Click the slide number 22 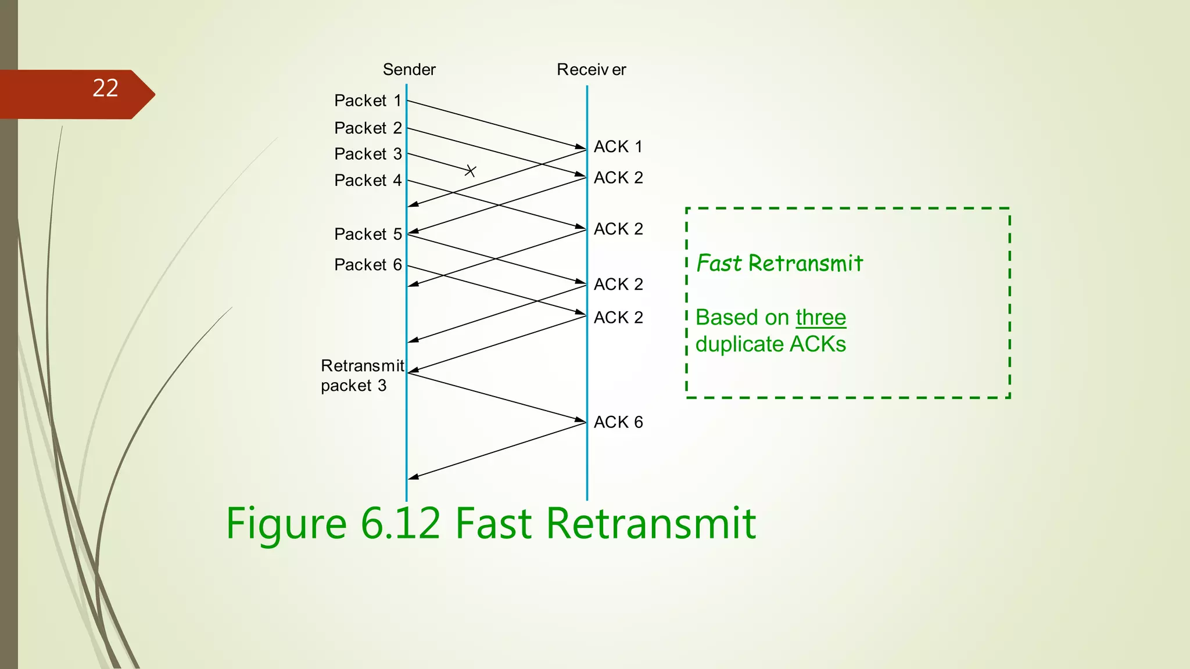point(105,88)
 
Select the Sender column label point(409,70)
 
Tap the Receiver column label point(591,70)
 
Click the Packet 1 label point(368,100)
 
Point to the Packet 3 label point(368,154)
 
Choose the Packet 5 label point(368,234)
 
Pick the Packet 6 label point(368,265)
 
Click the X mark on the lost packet point(471,171)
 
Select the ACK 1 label point(618,146)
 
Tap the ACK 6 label point(618,422)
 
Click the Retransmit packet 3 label point(361,375)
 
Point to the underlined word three point(820,318)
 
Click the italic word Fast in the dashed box point(719,264)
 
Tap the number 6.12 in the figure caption point(400,523)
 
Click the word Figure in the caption point(286,523)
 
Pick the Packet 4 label point(368,181)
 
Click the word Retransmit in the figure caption point(651,523)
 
